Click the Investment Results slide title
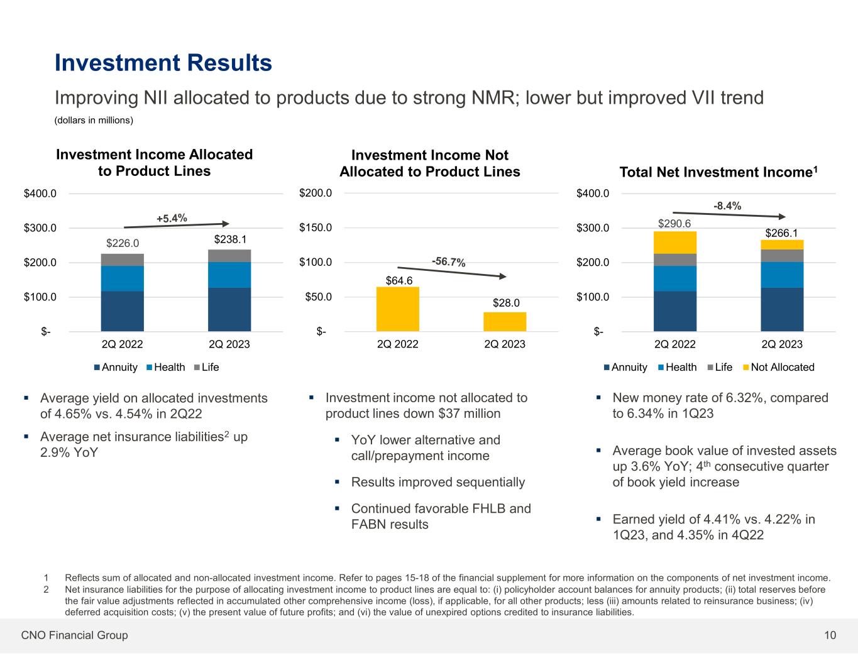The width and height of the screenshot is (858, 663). click(x=163, y=63)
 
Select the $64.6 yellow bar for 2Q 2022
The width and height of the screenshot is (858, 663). click(x=397, y=309)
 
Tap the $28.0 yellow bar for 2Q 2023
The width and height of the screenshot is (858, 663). click(x=505, y=321)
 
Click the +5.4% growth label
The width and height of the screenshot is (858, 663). click(x=172, y=218)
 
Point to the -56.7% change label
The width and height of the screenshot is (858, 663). click(x=448, y=261)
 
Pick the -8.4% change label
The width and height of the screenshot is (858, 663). click(x=727, y=205)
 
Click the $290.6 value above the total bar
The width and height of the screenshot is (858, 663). click(x=675, y=223)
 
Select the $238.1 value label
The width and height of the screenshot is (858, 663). click(x=229, y=239)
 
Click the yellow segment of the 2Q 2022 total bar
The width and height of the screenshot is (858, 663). click(x=675, y=243)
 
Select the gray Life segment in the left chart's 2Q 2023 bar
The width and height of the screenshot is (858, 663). click(x=229, y=256)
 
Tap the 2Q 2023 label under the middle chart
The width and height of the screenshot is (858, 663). click(x=505, y=344)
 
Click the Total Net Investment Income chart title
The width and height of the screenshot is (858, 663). click(x=718, y=172)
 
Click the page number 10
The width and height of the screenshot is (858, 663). click(x=830, y=635)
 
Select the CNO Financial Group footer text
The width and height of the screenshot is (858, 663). click(x=74, y=635)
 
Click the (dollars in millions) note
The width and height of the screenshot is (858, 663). click(x=94, y=120)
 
